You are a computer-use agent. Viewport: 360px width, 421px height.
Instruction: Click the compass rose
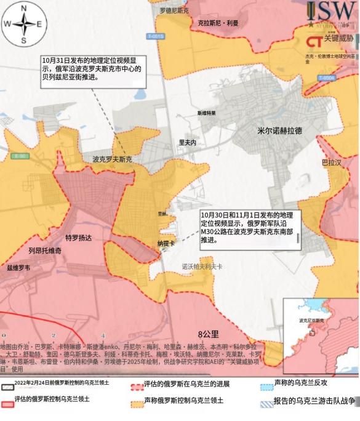coord(23,23)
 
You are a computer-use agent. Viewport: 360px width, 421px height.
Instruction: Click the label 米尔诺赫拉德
coord(280,131)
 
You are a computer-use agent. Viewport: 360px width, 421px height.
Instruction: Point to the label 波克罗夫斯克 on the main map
coord(112,159)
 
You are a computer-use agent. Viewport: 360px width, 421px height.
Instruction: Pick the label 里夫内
coord(187,142)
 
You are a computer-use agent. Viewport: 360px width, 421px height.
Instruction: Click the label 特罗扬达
coord(78,238)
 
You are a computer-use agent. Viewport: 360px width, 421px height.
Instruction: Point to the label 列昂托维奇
coord(45,251)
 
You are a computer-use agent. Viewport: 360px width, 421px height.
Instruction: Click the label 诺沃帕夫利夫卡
coord(202,267)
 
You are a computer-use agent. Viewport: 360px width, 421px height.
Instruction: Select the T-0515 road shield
coord(156,37)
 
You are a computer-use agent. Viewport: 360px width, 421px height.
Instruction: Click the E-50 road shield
coord(20,156)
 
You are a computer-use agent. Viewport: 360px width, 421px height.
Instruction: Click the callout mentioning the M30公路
coord(249,227)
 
